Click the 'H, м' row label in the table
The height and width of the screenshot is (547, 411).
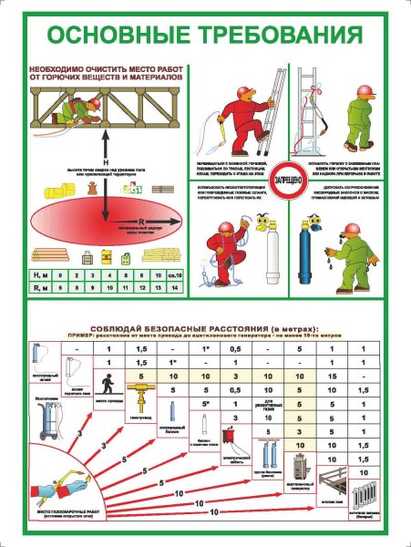tap(37, 273)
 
